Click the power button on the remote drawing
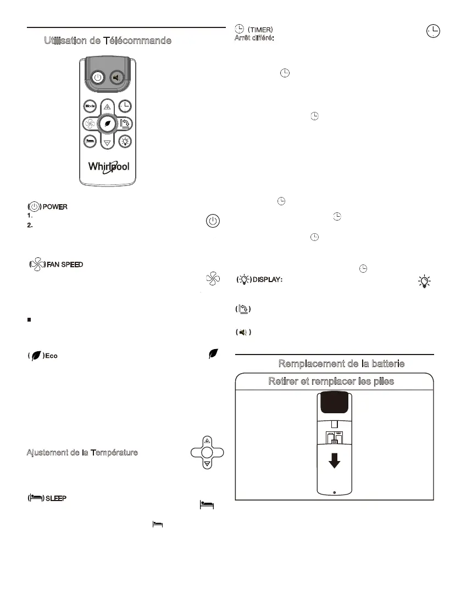click(x=97, y=77)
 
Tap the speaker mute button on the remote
click(x=116, y=77)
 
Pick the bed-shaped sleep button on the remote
click(x=90, y=140)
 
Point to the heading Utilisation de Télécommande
click(x=108, y=41)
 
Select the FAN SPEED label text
click(x=64, y=265)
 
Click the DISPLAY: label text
click(x=268, y=280)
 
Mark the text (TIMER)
click(x=260, y=29)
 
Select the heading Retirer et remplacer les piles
click(x=331, y=381)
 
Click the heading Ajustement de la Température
click(x=82, y=452)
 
